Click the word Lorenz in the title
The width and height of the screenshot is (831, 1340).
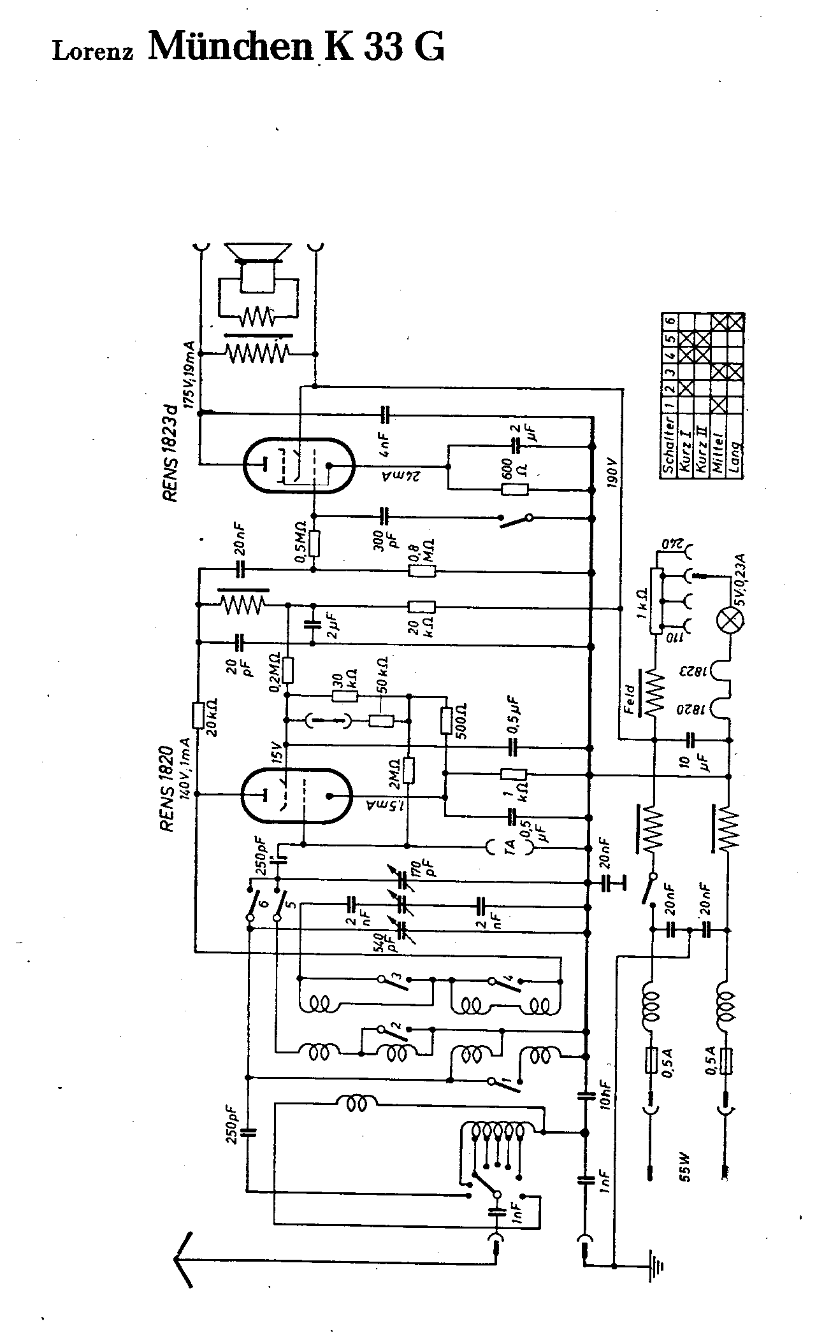[92, 52]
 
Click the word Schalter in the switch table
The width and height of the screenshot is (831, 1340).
[669, 444]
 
